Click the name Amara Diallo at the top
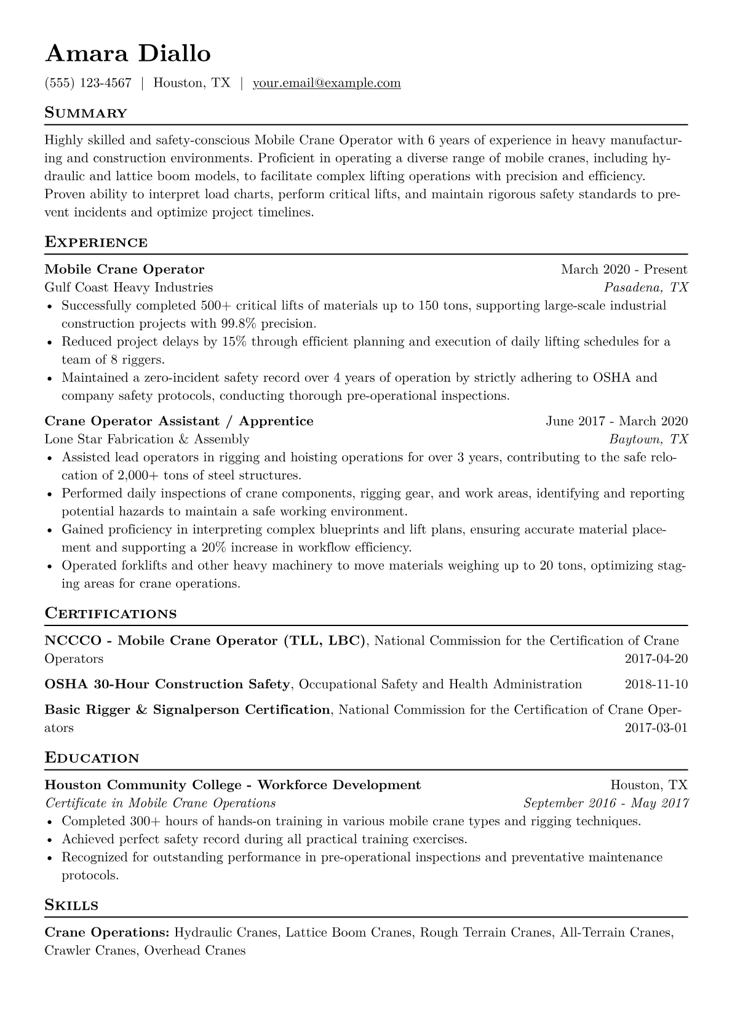128,54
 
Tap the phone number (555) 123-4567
88,83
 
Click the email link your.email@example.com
327,83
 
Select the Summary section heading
86,113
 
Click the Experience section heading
96,242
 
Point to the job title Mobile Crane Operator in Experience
124,269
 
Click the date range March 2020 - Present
624,269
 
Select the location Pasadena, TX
646,287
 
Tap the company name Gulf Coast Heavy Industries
129,287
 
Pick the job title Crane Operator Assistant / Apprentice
179,421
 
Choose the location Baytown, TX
648,439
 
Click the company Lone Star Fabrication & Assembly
147,439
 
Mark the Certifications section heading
111,614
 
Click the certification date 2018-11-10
656,684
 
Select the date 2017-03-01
656,728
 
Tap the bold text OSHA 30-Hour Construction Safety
167,684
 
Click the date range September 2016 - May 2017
605,803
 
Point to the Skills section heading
71,905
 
